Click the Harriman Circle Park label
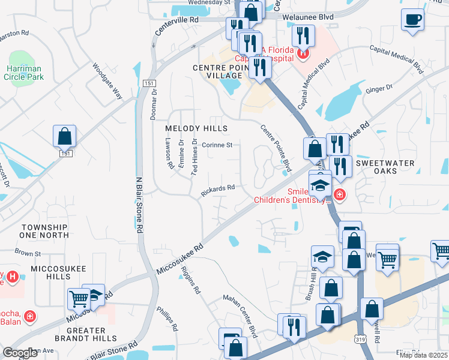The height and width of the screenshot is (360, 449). (23, 73)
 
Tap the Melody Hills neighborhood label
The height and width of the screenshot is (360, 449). (197, 129)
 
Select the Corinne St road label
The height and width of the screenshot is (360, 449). (217, 145)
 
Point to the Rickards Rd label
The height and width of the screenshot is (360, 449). (217, 189)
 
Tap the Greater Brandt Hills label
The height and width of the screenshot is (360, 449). (78, 335)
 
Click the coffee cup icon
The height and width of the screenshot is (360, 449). (412, 19)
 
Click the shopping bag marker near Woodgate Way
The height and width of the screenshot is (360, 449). (64, 137)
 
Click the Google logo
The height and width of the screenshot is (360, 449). (20, 353)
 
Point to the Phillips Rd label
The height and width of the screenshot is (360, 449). (167, 319)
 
